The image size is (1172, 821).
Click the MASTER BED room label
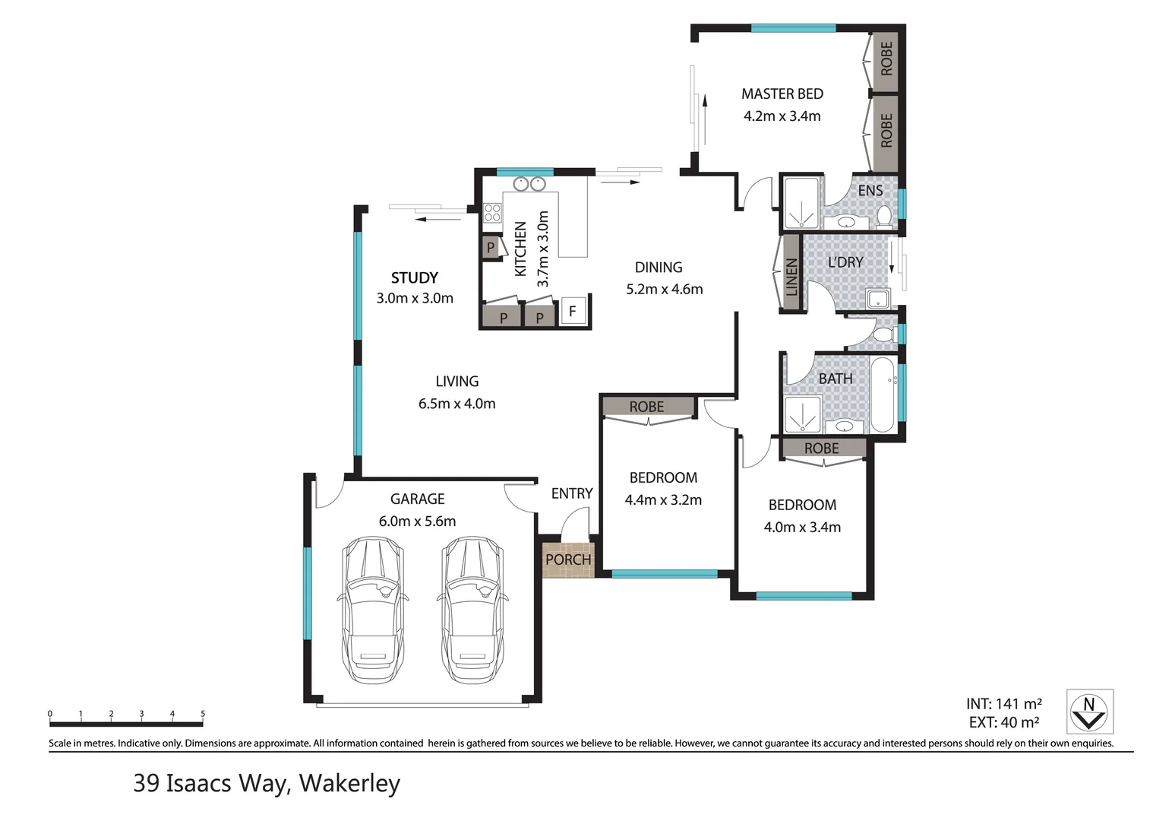pos(782,94)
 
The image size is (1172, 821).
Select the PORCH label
pos(568,559)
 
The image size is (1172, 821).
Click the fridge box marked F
pos(573,312)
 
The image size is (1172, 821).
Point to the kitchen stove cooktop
pos(492,213)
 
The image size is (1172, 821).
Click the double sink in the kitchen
pos(529,184)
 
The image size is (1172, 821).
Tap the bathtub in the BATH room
pos(883,395)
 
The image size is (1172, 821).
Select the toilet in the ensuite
pos(884,217)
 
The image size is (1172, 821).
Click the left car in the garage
pos(373,610)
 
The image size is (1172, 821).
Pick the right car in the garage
pos(472,610)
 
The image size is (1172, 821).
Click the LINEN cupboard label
pos(791,277)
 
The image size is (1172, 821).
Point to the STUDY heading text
pos(415,277)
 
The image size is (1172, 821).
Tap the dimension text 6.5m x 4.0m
pos(456,404)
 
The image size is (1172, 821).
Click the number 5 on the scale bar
pos(203,714)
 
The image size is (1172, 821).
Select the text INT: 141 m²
pos(1004,704)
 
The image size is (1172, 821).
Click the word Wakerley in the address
pos(349,784)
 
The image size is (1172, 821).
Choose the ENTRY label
pos(572,493)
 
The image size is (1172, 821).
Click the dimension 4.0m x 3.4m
pos(802,528)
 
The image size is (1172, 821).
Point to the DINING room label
pos(659,268)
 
